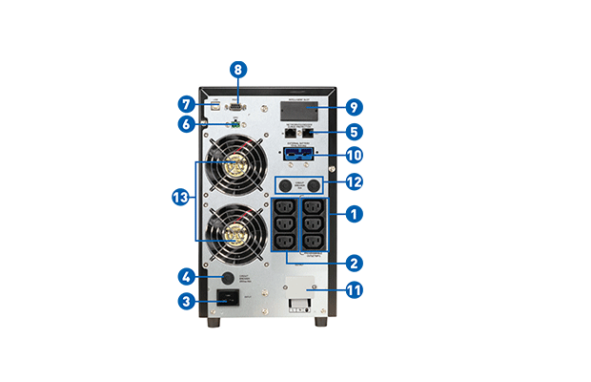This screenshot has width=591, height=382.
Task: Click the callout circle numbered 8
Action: click(x=238, y=70)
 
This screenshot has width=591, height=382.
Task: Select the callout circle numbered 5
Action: click(x=355, y=132)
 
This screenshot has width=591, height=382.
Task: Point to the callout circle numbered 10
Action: click(x=355, y=155)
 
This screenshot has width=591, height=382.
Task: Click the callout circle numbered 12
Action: click(x=355, y=181)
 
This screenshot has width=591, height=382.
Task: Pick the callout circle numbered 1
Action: click(x=355, y=215)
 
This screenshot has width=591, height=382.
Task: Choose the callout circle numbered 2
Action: click(x=355, y=262)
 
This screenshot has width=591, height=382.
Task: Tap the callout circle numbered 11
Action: click(x=355, y=288)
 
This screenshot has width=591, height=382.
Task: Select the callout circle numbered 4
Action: click(x=188, y=277)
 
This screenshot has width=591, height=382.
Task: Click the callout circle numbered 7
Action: click(x=188, y=102)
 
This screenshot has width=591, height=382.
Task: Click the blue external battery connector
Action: click(x=299, y=154)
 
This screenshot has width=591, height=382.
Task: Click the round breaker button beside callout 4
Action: click(x=228, y=278)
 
